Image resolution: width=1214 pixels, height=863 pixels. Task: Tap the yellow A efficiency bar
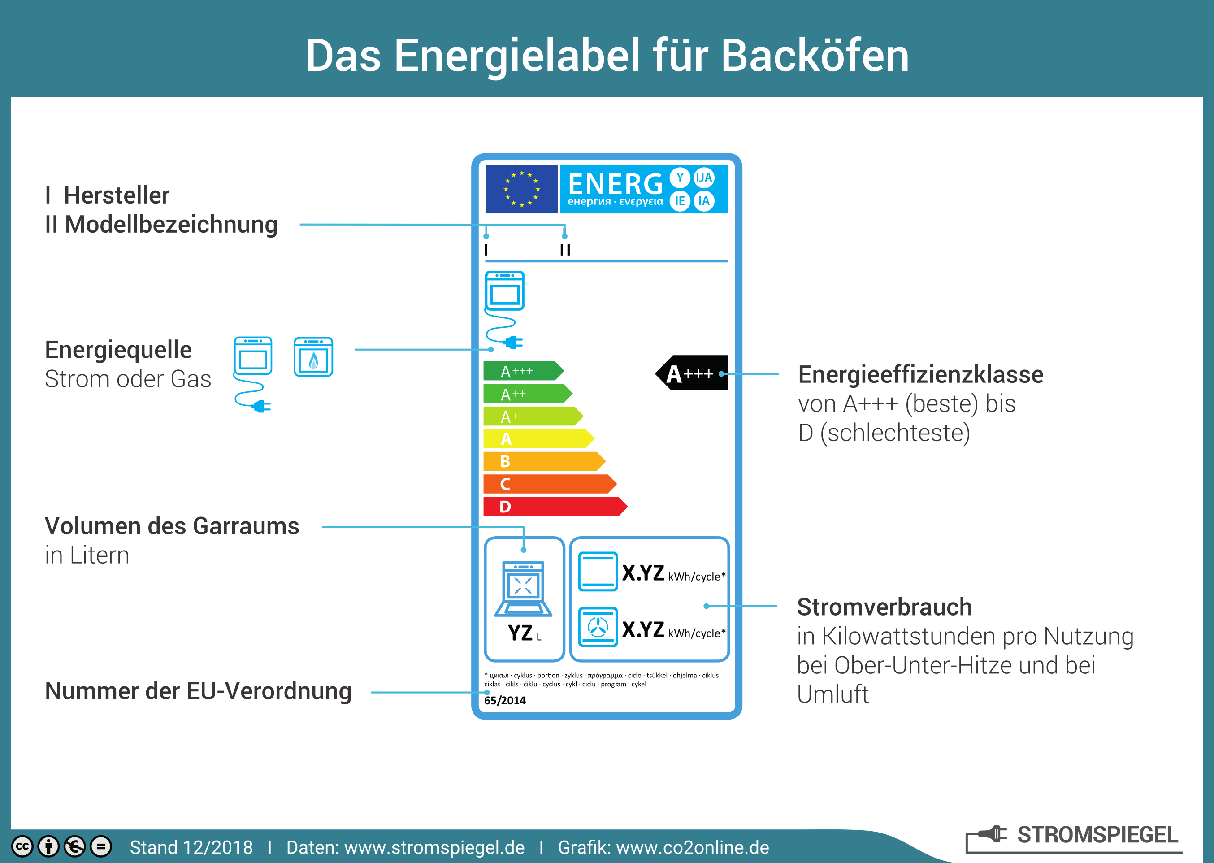[x=537, y=439]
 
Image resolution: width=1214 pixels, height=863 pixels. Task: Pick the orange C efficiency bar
[x=547, y=484]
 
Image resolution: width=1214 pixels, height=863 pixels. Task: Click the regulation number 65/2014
[x=505, y=700]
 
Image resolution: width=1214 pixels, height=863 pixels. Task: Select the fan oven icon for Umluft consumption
[x=598, y=627]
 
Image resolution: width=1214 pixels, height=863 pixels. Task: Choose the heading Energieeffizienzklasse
[x=920, y=375]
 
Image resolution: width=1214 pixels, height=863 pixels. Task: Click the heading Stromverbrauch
[x=884, y=607]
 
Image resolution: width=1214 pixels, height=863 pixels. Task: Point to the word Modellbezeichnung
[x=171, y=225]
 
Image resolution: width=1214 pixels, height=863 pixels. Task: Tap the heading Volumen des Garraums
[x=172, y=526]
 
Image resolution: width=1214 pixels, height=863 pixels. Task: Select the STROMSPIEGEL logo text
[x=1097, y=835]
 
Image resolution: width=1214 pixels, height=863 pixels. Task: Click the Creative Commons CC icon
[x=22, y=846]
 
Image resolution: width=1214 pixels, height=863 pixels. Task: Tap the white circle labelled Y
[x=680, y=178]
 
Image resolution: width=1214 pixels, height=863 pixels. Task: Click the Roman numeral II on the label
[x=565, y=250]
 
